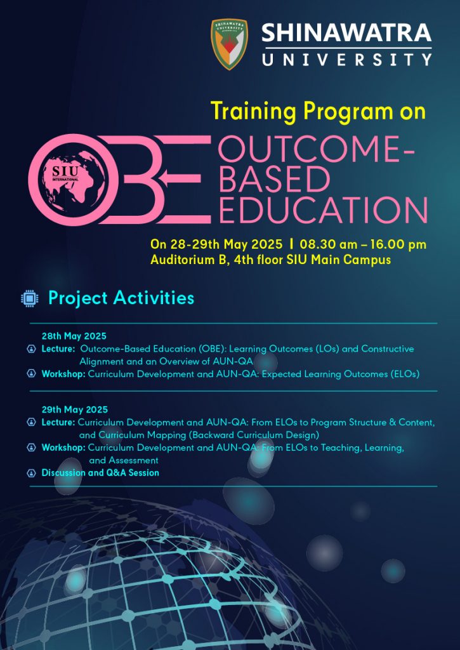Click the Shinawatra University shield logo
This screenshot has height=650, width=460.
click(x=230, y=44)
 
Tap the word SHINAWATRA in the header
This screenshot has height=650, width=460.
click(x=346, y=33)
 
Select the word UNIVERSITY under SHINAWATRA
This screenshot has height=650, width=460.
click(x=347, y=60)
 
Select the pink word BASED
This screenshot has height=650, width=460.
click(x=274, y=179)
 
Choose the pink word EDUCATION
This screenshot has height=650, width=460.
click(x=323, y=209)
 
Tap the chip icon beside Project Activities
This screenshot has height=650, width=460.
click(x=30, y=298)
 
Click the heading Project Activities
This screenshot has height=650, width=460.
click(x=121, y=298)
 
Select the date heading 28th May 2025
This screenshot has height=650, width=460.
click(x=74, y=336)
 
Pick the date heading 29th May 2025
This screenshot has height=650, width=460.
click(x=75, y=409)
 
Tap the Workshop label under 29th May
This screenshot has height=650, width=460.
click(x=63, y=448)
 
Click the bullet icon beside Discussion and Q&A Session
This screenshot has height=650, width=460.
click(x=31, y=473)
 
